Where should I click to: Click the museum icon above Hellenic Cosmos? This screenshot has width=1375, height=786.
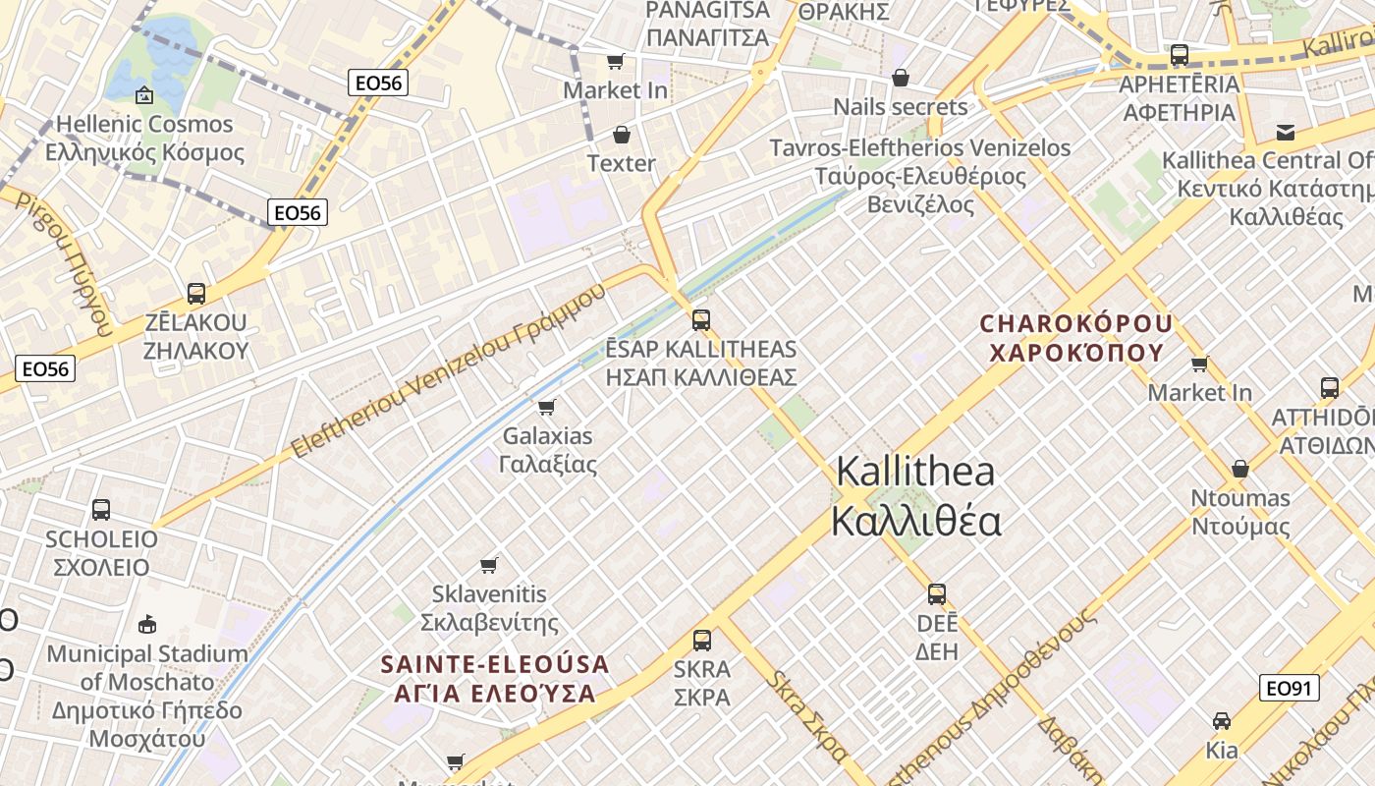144,95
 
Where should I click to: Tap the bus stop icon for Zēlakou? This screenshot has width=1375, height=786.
196,293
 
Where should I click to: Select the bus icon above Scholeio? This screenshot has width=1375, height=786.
101,509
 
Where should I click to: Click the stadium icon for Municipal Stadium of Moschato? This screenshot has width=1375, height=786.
147,623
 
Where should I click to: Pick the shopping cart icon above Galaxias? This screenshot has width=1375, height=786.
547,406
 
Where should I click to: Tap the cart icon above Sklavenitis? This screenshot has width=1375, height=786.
489,564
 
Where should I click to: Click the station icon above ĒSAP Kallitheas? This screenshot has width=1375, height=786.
700,319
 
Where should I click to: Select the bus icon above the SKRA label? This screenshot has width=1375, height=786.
702,641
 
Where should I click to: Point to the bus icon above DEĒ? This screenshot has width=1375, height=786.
937,593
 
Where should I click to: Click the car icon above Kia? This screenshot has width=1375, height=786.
1222,721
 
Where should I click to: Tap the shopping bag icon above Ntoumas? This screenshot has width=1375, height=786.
1240,468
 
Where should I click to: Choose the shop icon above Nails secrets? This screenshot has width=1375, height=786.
901,78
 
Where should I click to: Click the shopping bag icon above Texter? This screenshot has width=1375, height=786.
621,134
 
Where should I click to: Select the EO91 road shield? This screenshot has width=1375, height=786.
1290,689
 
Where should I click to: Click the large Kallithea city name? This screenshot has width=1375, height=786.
915,496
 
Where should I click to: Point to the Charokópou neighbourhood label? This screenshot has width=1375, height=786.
1076,337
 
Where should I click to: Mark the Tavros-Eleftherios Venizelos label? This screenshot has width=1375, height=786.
919,176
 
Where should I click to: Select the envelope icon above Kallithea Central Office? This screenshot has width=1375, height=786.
1285,133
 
